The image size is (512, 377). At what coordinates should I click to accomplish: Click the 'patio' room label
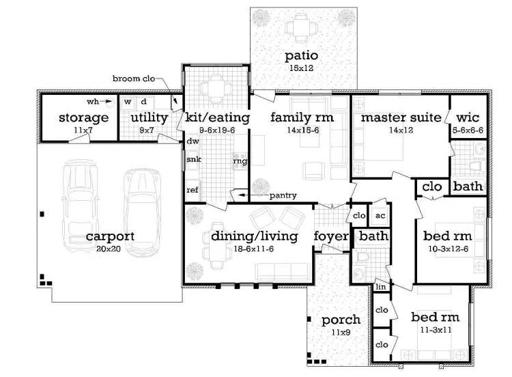coord(302,55)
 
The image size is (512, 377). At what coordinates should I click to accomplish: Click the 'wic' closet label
coord(468,117)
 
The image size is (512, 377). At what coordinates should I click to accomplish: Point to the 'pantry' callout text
coord(283,196)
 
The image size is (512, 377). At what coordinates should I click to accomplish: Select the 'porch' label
coord(336,320)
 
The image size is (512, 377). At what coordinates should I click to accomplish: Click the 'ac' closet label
coord(380,215)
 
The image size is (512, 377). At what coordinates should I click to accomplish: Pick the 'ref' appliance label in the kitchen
coord(193,190)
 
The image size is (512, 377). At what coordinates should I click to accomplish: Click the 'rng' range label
coord(240,161)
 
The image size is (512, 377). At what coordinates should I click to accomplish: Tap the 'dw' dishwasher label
coord(191,142)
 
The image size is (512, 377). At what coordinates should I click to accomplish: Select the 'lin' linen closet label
coord(380,288)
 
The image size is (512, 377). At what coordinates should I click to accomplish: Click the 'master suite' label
coord(400,117)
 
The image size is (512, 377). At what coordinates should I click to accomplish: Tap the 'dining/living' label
coord(254,236)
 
